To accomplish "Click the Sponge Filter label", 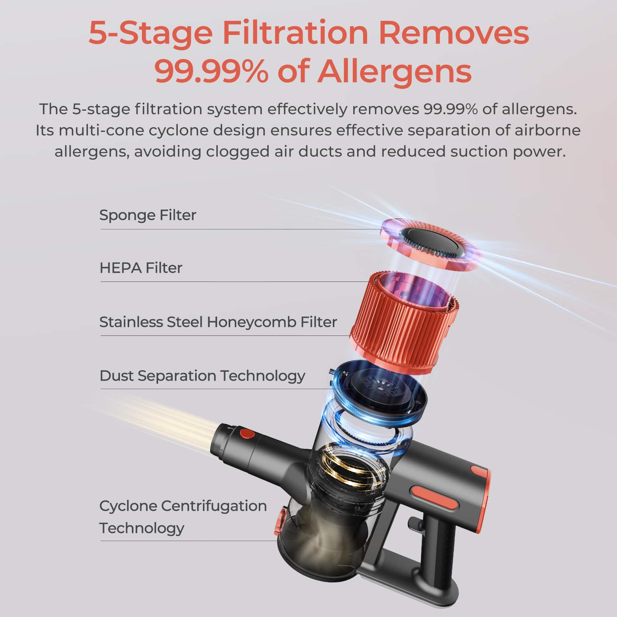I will pyautogui.click(x=148, y=215).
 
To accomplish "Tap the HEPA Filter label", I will pyautogui.click(x=141, y=268).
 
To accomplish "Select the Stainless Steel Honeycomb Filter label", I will pyautogui.click(x=218, y=322).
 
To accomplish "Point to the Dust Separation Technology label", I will pyautogui.click(x=202, y=376).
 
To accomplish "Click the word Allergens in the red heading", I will pyautogui.click(x=394, y=71).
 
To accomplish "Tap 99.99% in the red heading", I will pyautogui.click(x=211, y=71).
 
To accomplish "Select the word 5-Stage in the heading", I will pyautogui.click(x=151, y=33).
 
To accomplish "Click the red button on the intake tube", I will pyautogui.click(x=247, y=434).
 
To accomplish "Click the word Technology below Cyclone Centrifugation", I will pyautogui.click(x=142, y=528).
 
